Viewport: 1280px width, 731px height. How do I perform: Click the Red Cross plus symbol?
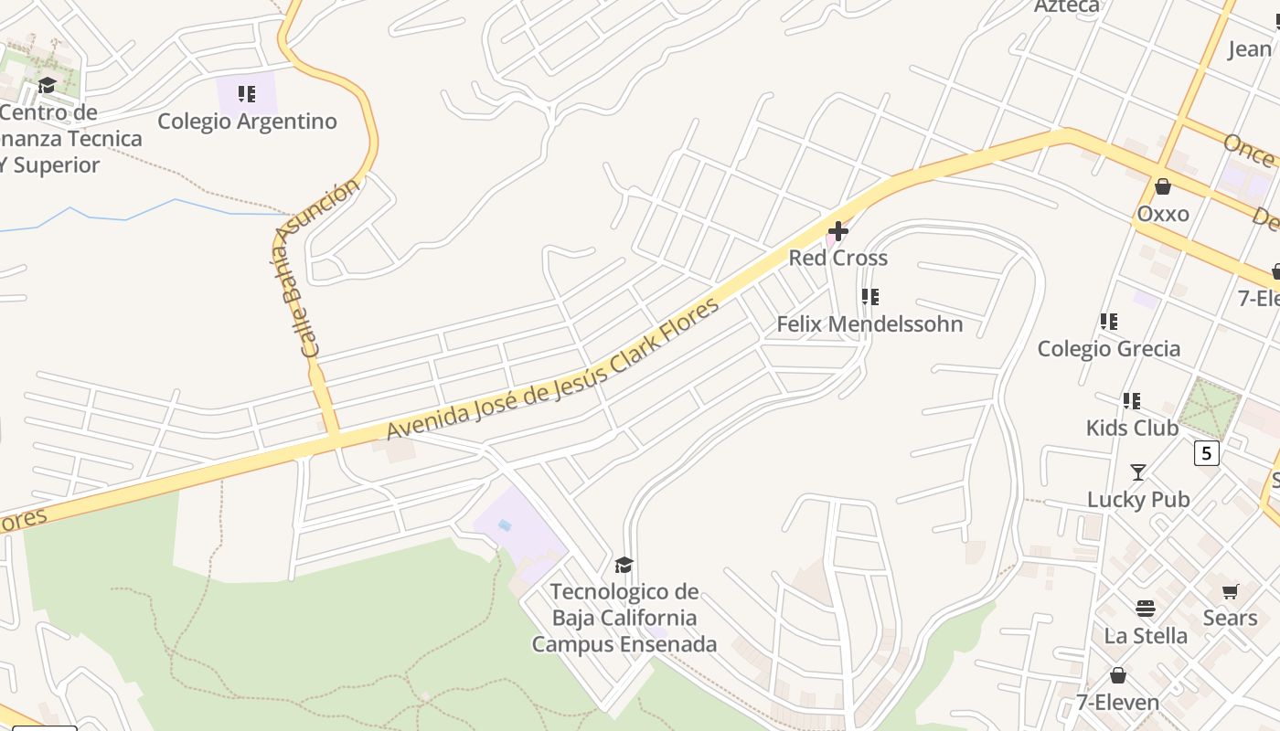click(x=837, y=231)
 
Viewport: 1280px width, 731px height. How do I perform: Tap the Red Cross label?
click(x=837, y=258)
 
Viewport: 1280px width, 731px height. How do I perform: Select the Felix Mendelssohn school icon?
click(x=869, y=297)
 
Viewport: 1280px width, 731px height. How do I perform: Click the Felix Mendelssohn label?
click(x=869, y=323)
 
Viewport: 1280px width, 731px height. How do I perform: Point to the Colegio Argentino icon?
click(x=246, y=94)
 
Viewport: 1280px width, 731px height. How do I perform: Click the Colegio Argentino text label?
click(x=247, y=121)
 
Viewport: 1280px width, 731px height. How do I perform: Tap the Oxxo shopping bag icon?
click(x=1163, y=187)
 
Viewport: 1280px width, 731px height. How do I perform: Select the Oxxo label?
click(x=1163, y=214)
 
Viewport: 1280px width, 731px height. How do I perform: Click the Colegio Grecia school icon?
click(x=1108, y=322)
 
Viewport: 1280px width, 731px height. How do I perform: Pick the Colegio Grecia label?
click(x=1108, y=348)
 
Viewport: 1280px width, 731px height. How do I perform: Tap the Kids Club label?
click(x=1132, y=428)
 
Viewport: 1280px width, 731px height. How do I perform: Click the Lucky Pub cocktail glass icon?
click(x=1138, y=472)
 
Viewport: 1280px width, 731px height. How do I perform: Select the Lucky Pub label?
click(x=1138, y=499)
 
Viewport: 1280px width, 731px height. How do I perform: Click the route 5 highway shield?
click(x=1207, y=452)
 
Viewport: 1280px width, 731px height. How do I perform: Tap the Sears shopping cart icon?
click(x=1230, y=592)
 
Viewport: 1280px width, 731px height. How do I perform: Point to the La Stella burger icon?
click(x=1146, y=609)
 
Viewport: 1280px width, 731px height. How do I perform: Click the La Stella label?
click(x=1146, y=635)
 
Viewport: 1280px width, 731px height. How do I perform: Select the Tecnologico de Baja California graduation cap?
click(x=624, y=565)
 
